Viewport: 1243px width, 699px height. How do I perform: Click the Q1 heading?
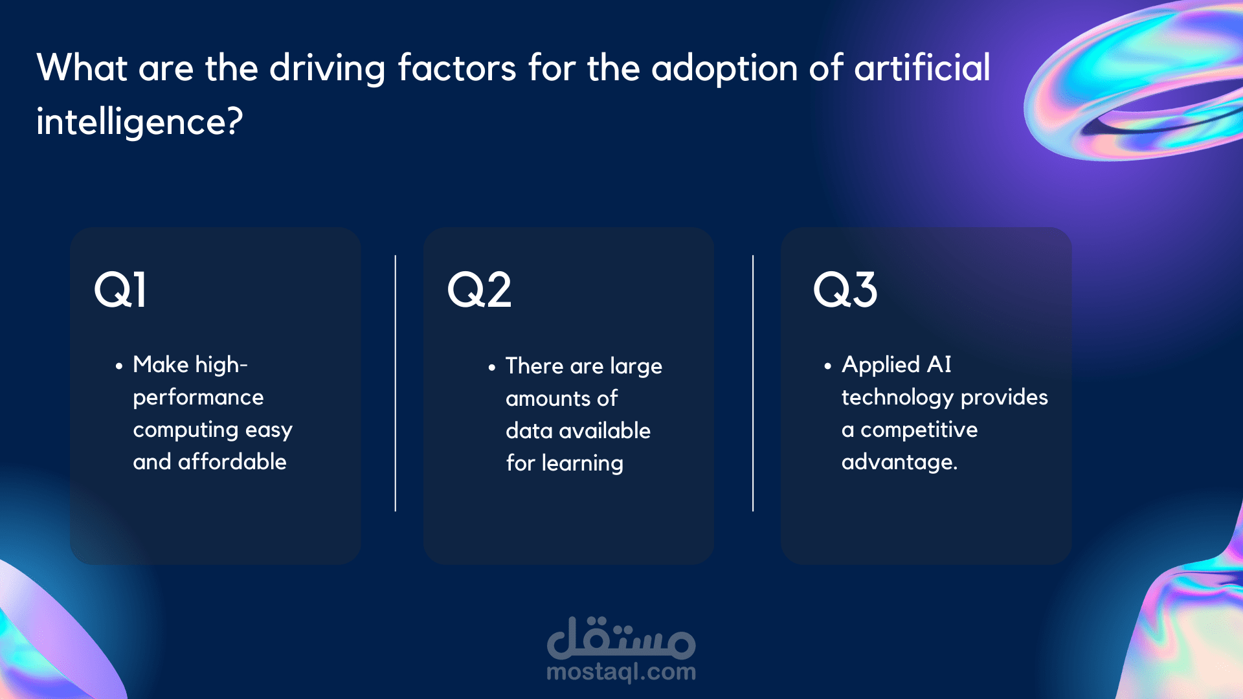[x=120, y=289]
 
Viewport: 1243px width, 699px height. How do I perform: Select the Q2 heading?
[x=479, y=289]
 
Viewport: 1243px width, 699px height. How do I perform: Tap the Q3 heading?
[x=845, y=289]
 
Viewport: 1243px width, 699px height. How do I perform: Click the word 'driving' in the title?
[x=327, y=69]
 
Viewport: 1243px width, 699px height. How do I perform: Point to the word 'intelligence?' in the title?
[x=140, y=122]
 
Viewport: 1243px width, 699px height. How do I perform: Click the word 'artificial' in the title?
[x=923, y=67]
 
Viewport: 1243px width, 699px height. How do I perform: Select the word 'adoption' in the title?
[x=724, y=69]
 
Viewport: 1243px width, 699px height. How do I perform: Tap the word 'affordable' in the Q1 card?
[x=232, y=461]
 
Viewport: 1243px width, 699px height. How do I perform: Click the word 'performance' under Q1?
[x=198, y=398]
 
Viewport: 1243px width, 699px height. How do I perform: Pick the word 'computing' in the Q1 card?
[x=186, y=430]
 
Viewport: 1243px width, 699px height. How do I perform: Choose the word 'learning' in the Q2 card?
[x=583, y=463]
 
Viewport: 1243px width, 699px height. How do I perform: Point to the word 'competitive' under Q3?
[x=919, y=430]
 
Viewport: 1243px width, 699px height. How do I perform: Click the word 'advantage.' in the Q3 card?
[x=899, y=462]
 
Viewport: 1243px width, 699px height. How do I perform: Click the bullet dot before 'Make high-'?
[x=118, y=366]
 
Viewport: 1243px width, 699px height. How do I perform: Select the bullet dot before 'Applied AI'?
[x=827, y=366]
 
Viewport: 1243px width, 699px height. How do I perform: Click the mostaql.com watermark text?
[x=621, y=672]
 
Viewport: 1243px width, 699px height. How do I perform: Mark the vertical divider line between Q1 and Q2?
[x=396, y=383]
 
